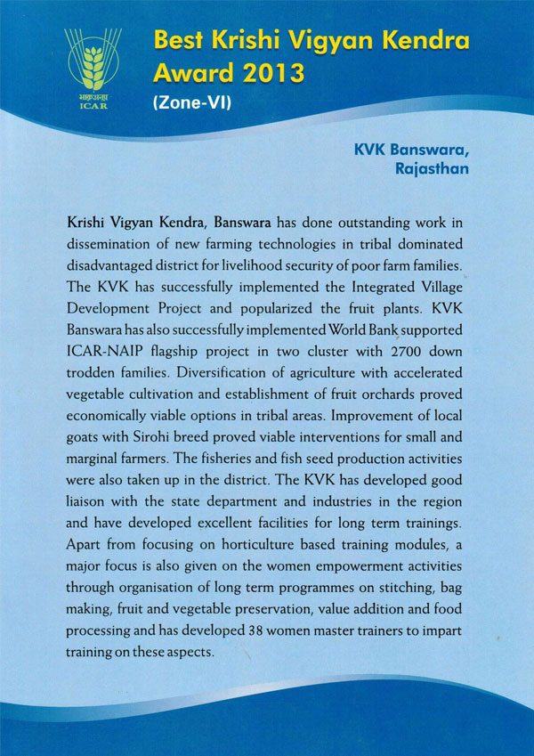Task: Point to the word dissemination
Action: click(x=112, y=243)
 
